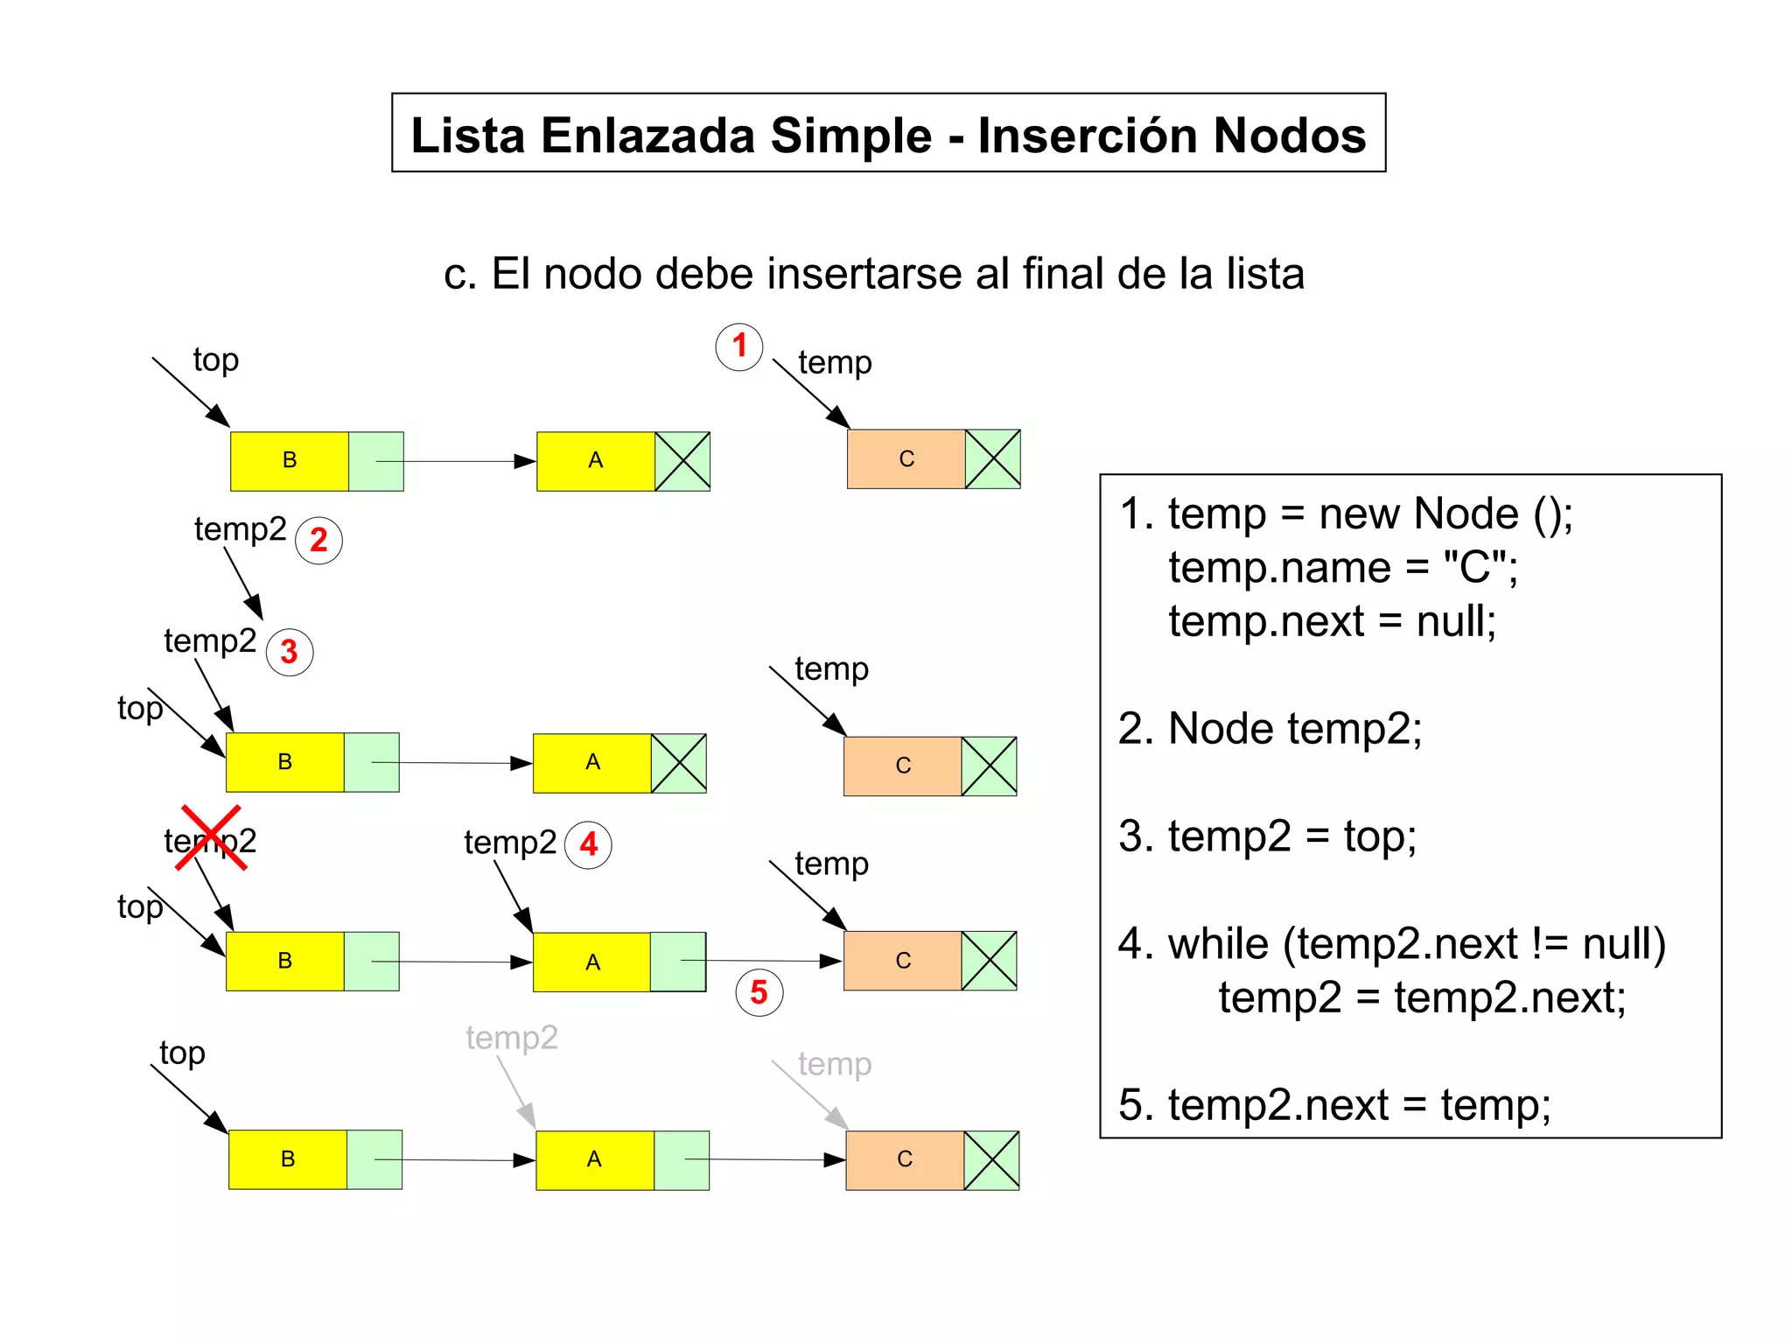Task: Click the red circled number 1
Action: point(739,346)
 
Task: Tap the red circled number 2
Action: point(318,540)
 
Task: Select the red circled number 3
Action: point(290,652)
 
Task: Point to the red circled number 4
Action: point(588,844)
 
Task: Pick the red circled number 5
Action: point(759,992)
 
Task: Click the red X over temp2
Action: point(210,838)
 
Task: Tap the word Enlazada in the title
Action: point(647,136)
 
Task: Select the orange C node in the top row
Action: point(906,458)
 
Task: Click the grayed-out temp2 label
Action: point(512,1038)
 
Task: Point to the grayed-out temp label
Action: point(835,1064)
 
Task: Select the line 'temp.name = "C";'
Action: point(1342,568)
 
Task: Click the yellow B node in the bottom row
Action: point(288,1159)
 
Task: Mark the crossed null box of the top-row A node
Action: point(682,461)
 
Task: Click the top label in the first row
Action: point(215,360)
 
